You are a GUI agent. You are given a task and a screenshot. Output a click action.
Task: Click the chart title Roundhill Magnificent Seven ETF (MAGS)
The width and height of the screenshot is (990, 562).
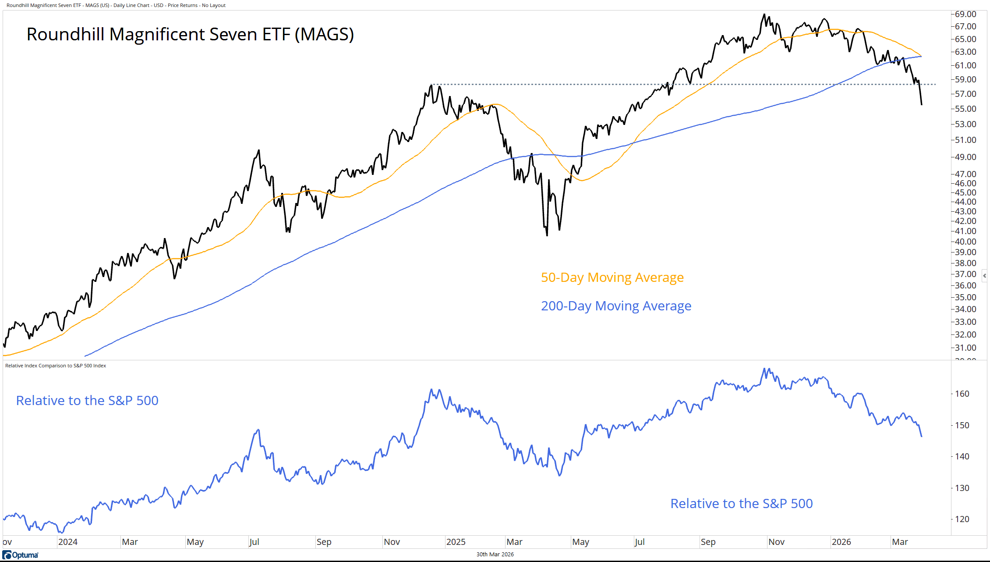(190, 34)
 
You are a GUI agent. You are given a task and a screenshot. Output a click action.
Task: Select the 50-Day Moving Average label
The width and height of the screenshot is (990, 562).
(612, 277)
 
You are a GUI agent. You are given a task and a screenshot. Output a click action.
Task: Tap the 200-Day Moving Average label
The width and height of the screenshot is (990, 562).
(616, 306)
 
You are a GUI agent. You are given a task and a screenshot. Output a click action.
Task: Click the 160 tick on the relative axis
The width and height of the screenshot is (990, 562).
(962, 394)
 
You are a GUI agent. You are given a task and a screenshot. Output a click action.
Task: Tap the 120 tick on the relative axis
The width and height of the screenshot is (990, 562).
(962, 519)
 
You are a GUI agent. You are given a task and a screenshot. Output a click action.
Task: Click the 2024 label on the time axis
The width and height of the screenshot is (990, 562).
(68, 542)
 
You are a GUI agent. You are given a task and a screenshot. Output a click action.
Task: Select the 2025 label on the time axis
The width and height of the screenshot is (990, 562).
(456, 542)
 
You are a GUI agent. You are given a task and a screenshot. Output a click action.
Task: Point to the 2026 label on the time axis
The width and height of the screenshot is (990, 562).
(841, 542)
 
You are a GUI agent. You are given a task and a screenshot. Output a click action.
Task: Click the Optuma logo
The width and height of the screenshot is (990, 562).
(21, 555)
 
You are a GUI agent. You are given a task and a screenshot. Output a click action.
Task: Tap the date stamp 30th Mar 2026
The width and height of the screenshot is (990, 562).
(495, 555)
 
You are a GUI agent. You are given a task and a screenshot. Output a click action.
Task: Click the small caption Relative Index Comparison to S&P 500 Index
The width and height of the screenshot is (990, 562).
(56, 366)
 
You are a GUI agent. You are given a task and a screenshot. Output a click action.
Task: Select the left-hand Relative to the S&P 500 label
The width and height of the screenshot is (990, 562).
(87, 401)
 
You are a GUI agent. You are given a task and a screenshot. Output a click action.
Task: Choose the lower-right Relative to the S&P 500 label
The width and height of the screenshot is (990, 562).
(741, 504)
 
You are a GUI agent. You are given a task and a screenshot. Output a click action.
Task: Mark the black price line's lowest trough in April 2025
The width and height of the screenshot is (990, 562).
(547, 235)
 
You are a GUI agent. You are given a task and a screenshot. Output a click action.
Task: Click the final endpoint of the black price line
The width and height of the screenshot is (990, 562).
(922, 104)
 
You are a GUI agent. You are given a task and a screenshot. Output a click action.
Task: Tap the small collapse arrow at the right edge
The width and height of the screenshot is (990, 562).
(985, 276)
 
